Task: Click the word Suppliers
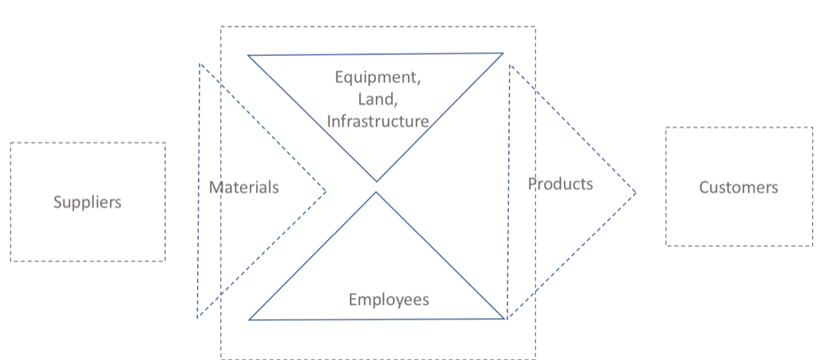click(87, 203)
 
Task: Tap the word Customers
click(738, 187)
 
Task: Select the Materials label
click(244, 187)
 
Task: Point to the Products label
click(560, 183)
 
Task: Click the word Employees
click(388, 300)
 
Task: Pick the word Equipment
click(377, 77)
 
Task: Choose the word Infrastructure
click(377, 121)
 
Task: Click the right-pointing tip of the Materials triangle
click(326, 191)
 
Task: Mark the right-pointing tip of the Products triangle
click(636, 193)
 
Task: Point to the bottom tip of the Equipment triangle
click(376, 182)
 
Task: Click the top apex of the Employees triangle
click(376, 192)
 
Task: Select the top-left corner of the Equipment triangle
click(248, 55)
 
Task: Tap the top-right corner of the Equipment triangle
click(504, 53)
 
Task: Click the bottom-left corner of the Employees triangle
click(249, 319)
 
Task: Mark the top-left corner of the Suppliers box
click(11, 143)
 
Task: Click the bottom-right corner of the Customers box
click(812, 245)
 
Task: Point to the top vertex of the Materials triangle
click(200, 63)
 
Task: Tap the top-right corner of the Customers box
click(812, 128)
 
